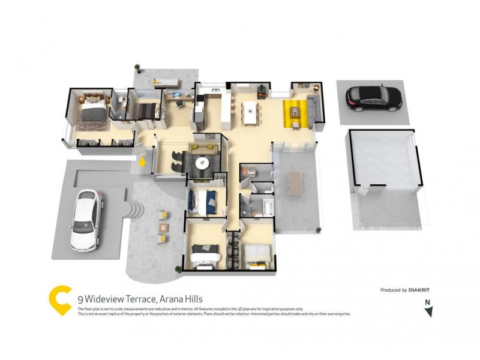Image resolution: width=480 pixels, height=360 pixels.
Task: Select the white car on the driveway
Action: tap(86, 219)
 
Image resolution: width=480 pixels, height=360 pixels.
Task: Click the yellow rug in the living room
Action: tap(295, 113)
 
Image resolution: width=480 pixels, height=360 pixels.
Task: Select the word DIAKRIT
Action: tap(419, 290)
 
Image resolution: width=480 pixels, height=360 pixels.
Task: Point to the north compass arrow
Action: tap(428, 311)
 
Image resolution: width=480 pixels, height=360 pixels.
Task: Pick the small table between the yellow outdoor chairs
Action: tap(164, 227)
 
